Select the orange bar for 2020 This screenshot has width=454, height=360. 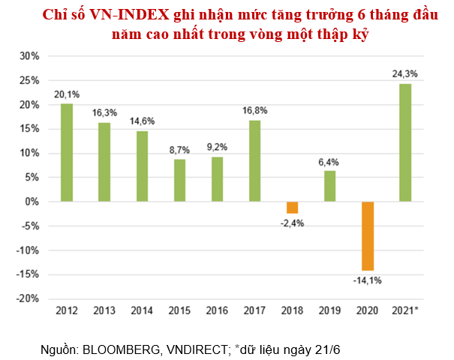(x=367, y=235)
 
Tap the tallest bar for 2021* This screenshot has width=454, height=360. (x=404, y=142)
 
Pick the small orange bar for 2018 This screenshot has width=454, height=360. (x=292, y=208)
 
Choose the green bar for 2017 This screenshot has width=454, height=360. (x=254, y=160)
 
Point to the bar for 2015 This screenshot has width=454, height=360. (x=179, y=180)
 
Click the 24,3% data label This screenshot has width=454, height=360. (x=404, y=73)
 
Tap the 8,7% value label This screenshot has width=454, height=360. (x=179, y=149)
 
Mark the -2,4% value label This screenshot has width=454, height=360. (x=292, y=223)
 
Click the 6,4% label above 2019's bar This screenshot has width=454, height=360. (x=329, y=160)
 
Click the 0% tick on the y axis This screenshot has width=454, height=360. (x=31, y=202)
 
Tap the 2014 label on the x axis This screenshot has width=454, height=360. (x=142, y=309)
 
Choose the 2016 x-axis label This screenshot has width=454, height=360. (x=217, y=309)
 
